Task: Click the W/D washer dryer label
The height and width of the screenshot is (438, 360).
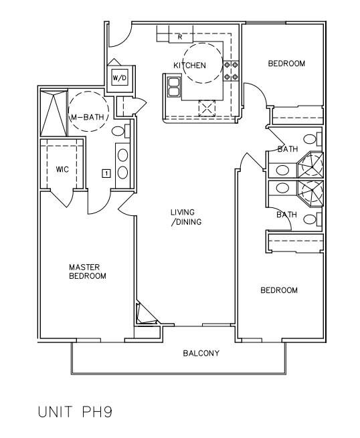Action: (x=120, y=78)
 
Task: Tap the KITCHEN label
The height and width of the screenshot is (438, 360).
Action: (x=190, y=66)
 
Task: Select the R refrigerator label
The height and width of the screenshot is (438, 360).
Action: (x=180, y=37)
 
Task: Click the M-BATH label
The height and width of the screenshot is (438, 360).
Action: (x=88, y=117)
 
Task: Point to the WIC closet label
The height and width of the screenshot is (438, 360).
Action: (x=62, y=169)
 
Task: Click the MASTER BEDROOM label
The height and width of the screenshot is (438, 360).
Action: (x=88, y=271)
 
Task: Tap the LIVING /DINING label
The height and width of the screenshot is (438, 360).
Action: (x=186, y=217)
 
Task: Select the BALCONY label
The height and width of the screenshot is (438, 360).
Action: (x=201, y=353)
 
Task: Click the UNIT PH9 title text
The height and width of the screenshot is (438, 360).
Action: (x=75, y=412)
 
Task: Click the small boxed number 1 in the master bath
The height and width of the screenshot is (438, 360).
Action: (x=106, y=173)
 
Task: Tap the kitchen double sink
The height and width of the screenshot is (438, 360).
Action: (x=173, y=87)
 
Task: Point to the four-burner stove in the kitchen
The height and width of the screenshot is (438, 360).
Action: (x=231, y=71)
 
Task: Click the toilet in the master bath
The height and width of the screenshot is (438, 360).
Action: (x=120, y=131)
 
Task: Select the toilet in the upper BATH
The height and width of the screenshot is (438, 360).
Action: (x=312, y=139)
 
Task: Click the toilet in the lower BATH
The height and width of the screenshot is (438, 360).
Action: (x=312, y=219)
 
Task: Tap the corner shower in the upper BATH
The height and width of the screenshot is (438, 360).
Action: (x=310, y=165)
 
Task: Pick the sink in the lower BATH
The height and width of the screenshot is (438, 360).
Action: (x=282, y=188)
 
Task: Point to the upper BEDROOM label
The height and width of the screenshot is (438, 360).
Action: (x=286, y=64)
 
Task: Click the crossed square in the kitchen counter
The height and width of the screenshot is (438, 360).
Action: (x=207, y=108)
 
